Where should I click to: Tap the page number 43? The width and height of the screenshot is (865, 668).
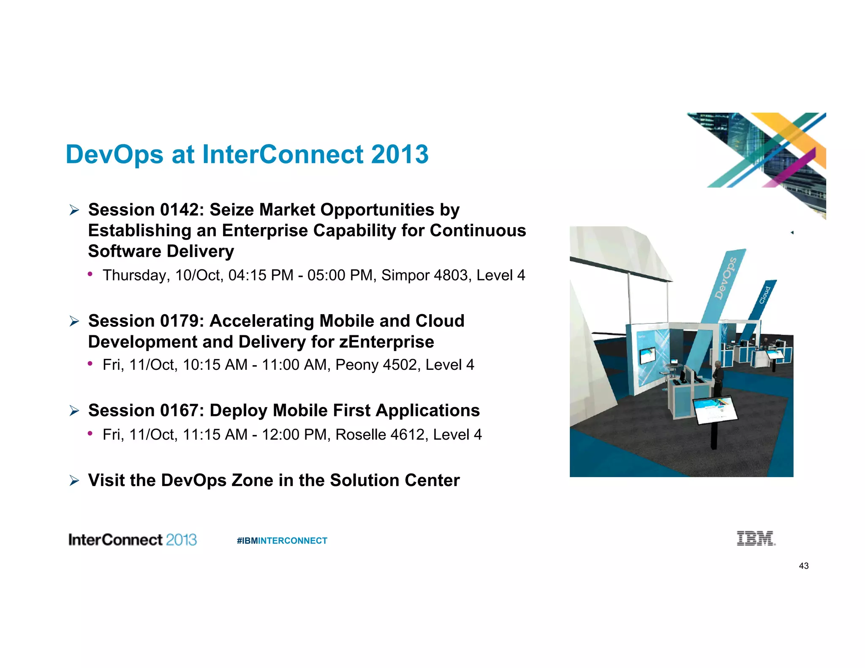coord(803,566)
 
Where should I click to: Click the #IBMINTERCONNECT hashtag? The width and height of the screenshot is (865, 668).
coord(282,540)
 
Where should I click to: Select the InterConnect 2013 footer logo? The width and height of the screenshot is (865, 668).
coord(133,540)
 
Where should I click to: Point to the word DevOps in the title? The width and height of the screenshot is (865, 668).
coord(114,154)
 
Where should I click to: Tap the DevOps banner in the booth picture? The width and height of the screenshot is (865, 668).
coord(725,279)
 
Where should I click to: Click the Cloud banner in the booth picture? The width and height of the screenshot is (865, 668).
coord(765,295)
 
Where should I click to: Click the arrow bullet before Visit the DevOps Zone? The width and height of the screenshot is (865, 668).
coord(74,481)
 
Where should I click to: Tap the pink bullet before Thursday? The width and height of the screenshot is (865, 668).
coord(90,274)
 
